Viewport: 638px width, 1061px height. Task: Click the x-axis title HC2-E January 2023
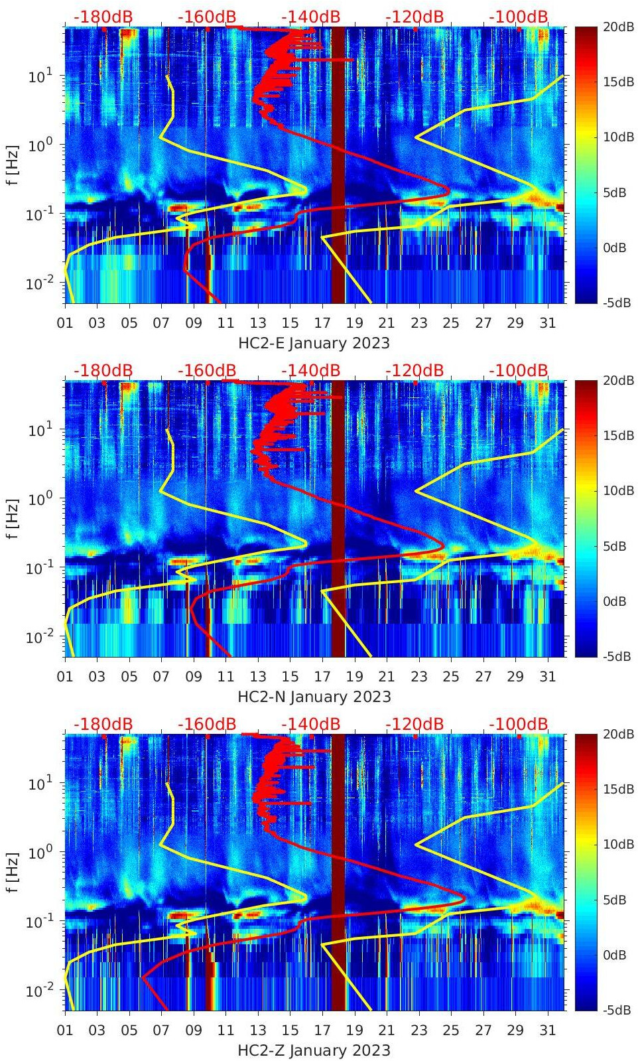314,343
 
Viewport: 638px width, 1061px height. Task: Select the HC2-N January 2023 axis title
314,697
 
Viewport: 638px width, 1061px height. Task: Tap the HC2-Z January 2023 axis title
314,1050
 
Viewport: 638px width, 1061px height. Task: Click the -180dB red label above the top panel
103,17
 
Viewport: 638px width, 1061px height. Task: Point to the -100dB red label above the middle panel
519,370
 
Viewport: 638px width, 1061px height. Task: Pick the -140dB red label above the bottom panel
310,724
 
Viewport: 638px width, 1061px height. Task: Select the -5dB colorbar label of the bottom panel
617,1010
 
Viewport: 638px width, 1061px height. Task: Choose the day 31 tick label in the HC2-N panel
547,677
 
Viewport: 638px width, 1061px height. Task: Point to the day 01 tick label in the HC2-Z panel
65,1030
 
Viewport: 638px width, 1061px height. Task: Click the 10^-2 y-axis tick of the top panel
36,283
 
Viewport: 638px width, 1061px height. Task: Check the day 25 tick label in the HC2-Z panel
451,1030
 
